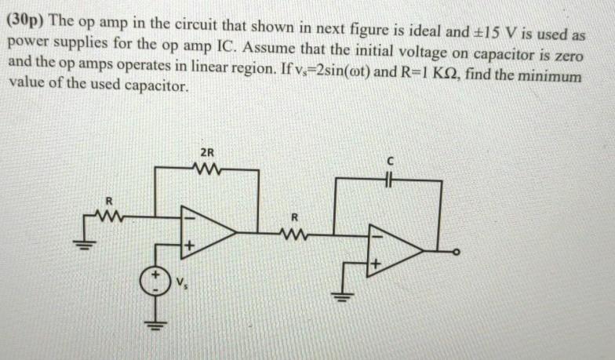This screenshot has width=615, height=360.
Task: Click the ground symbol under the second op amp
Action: (x=343, y=297)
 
